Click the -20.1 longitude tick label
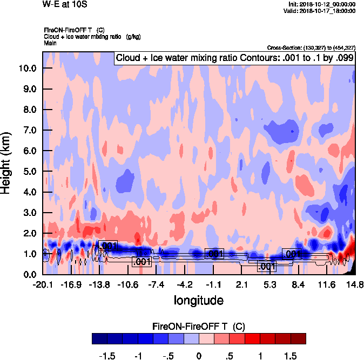[x=42, y=284]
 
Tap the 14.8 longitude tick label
[x=355, y=284]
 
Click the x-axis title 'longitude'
[x=198, y=300]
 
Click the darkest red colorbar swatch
[x=298, y=338]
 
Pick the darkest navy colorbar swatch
[x=100, y=338]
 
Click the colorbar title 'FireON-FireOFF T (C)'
[x=199, y=326]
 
